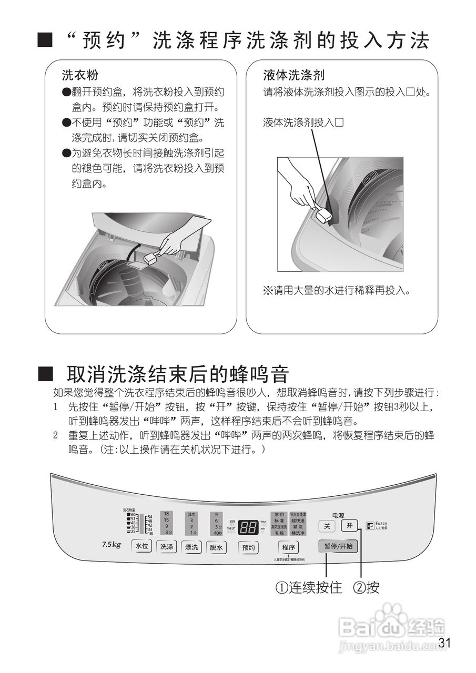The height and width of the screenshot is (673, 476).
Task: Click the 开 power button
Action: [349, 525]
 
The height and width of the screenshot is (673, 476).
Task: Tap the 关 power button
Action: [326, 526]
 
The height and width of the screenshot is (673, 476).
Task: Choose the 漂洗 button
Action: [191, 547]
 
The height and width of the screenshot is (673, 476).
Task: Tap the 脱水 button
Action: [216, 547]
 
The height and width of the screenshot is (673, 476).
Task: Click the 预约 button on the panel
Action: [248, 547]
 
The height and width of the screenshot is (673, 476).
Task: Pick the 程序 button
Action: [288, 547]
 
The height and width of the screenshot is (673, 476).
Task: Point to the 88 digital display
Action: [247, 527]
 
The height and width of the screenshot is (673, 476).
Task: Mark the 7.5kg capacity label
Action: [112, 544]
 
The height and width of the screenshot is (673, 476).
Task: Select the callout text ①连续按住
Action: [309, 587]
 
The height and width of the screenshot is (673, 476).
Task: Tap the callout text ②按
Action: [366, 587]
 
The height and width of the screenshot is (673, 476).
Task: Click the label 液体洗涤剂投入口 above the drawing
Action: [303, 123]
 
